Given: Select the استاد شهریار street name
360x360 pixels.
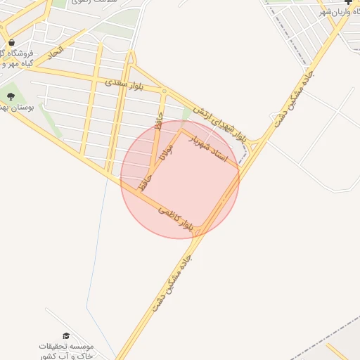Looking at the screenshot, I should tap(212, 148).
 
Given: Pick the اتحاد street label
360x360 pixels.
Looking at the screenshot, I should tap(56, 52).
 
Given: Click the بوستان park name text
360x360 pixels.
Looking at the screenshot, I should tap(17, 108).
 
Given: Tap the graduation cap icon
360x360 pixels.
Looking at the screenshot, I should tap(66, 337).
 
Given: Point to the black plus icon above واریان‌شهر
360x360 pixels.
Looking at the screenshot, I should tap(349, 2).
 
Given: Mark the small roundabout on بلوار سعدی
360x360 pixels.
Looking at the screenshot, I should tap(164, 91).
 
